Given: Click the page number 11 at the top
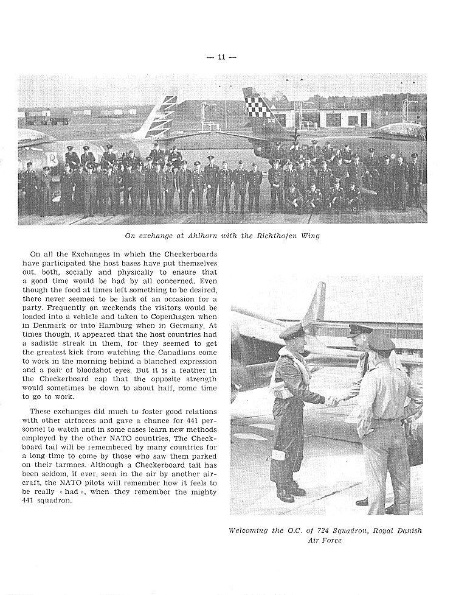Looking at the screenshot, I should (x=221, y=57).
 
